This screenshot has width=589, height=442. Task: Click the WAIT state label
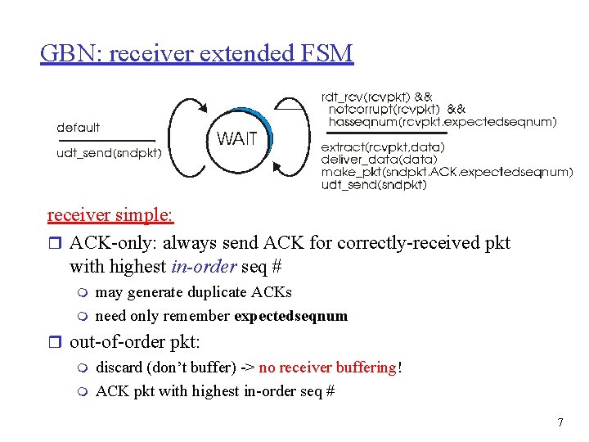236,139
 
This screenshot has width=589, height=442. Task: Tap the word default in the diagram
79,128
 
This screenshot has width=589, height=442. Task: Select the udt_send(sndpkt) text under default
109,152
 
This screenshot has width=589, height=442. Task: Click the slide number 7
560,422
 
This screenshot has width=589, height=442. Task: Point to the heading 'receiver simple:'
110,215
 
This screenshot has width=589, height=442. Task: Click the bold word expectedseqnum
290,316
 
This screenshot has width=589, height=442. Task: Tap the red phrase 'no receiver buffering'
327,368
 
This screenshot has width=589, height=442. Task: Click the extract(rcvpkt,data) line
383,147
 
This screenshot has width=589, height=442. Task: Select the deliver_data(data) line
373,160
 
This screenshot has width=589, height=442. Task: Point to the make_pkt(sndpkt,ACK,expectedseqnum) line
447,172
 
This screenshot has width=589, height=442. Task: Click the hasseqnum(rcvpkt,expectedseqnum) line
443,122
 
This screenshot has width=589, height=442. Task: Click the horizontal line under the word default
106,140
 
